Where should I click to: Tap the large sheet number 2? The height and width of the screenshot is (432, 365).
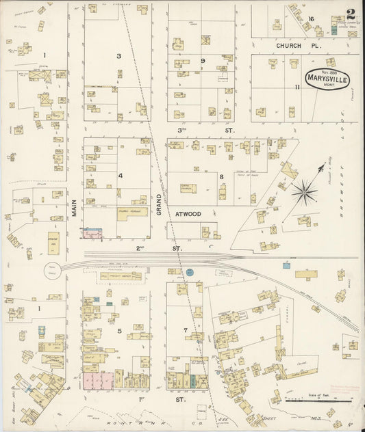tap(351, 14)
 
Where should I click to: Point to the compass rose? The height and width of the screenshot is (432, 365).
tap(305, 189)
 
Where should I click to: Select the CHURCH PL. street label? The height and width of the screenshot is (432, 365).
tap(288, 45)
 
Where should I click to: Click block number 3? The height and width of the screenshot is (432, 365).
tap(118, 56)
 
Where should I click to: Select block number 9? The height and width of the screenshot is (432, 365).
tap(203, 61)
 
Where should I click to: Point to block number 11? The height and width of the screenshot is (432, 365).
tap(297, 87)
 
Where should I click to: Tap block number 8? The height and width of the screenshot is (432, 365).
tap(221, 176)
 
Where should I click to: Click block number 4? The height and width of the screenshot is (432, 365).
tap(120, 176)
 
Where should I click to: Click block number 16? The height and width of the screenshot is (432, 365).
tap(310, 18)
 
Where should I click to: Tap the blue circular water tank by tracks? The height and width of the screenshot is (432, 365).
tap(191, 273)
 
